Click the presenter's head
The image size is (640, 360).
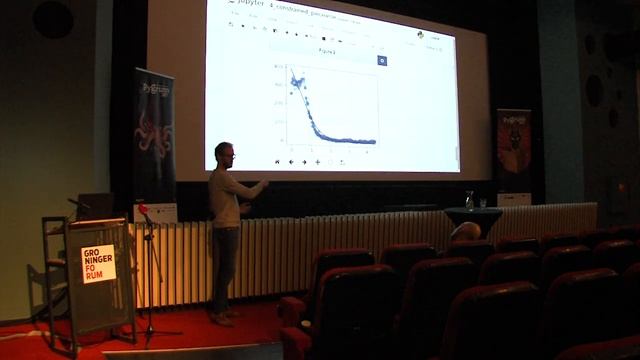[x=224, y=153]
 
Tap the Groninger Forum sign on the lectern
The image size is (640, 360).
[x=97, y=264]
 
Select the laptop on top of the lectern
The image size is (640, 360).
[x=95, y=206]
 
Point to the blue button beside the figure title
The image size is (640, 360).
[x=382, y=60]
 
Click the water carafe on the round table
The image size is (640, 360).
[x=469, y=200]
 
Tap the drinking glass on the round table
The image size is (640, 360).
[x=482, y=203]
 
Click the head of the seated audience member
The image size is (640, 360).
[x=465, y=231]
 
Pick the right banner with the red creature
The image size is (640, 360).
[x=513, y=150]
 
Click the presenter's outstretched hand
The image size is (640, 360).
[x=264, y=184]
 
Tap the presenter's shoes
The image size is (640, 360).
[x=226, y=318]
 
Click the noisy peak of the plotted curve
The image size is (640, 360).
[x=297, y=80]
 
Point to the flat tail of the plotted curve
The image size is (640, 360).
[x=355, y=141]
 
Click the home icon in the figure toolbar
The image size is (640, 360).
[x=278, y=161]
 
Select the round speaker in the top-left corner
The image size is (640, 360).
[x=52, y=18]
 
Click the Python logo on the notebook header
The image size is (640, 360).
[x=420, y=34]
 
